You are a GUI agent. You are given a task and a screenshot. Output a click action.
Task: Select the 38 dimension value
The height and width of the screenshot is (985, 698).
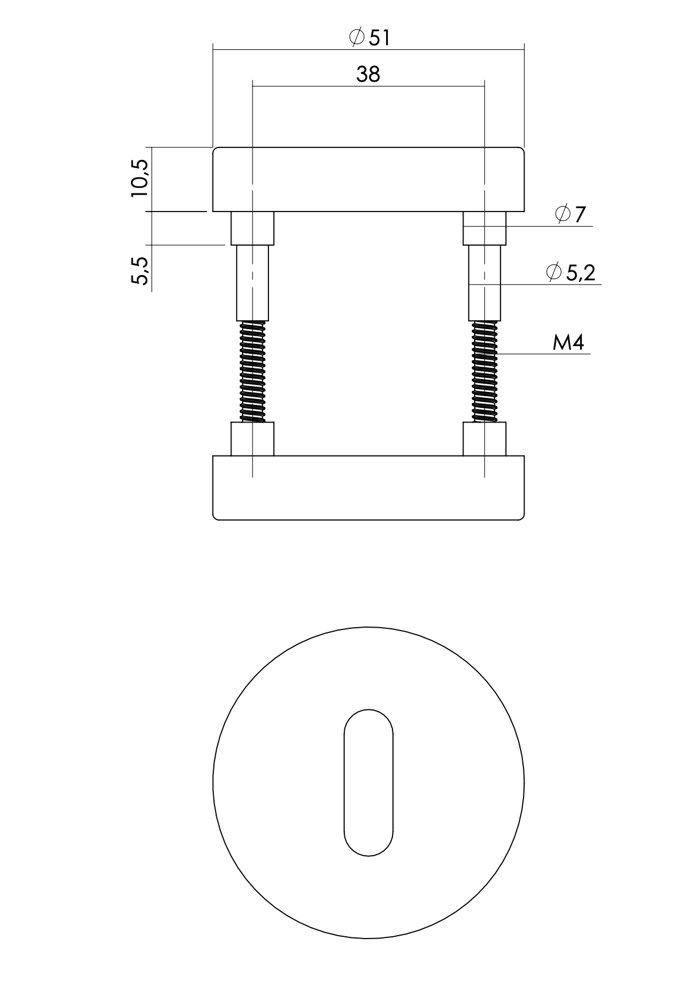(x=368, y=74)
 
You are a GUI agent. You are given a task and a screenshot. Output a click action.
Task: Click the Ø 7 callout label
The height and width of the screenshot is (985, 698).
(x=570, y=215)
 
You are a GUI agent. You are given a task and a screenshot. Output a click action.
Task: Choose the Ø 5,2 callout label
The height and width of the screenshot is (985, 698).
(x=570, y=272)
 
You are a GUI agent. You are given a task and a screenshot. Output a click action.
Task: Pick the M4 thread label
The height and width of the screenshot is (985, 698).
(x=568, y=343)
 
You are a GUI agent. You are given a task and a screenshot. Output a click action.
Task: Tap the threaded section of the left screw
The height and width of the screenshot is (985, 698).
(x=253, y=371)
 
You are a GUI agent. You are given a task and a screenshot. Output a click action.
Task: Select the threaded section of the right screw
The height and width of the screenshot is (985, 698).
(x=485, y=371)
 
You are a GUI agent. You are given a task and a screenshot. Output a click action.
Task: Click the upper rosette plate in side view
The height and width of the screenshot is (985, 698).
(x=368, y=179)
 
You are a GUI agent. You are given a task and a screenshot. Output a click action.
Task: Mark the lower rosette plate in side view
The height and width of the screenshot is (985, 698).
(x=368, y=488)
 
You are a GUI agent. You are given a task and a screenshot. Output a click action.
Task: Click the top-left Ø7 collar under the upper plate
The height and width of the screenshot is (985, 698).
(x=252, y=228)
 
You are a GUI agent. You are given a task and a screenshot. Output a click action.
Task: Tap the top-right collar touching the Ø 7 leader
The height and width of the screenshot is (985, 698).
(x=485, y=228)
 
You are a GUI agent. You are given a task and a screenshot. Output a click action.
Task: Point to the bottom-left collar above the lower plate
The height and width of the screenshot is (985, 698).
(x=252, y=439)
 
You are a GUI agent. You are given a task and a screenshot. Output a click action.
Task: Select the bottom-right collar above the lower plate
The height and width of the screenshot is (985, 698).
(x=485, y=439)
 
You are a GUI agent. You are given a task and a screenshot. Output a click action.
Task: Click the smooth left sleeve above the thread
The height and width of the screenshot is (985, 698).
(x=253, y=283)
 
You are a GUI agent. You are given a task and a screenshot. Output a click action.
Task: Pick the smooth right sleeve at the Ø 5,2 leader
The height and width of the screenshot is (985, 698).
(x=485, y=283)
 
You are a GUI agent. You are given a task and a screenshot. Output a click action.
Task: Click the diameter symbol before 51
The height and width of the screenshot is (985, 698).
(x=356, y=38)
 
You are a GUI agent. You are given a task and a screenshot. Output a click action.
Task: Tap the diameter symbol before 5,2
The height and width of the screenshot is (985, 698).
(x=553, y=272)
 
